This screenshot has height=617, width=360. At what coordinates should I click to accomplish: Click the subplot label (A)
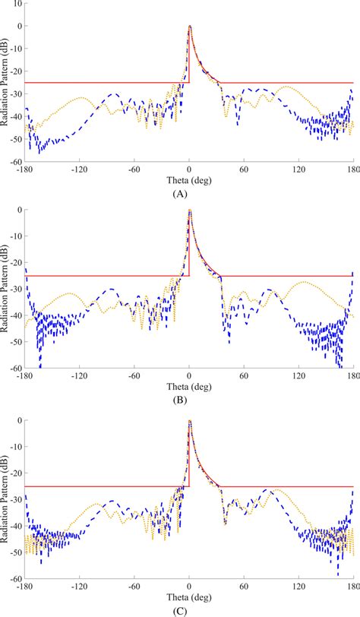tap(180, 195)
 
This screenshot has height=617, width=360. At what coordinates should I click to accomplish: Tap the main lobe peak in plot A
tap(189, 27)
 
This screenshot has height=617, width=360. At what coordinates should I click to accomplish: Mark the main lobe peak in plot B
tap(189, 210)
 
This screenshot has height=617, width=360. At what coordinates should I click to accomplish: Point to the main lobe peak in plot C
tap(189, 419)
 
